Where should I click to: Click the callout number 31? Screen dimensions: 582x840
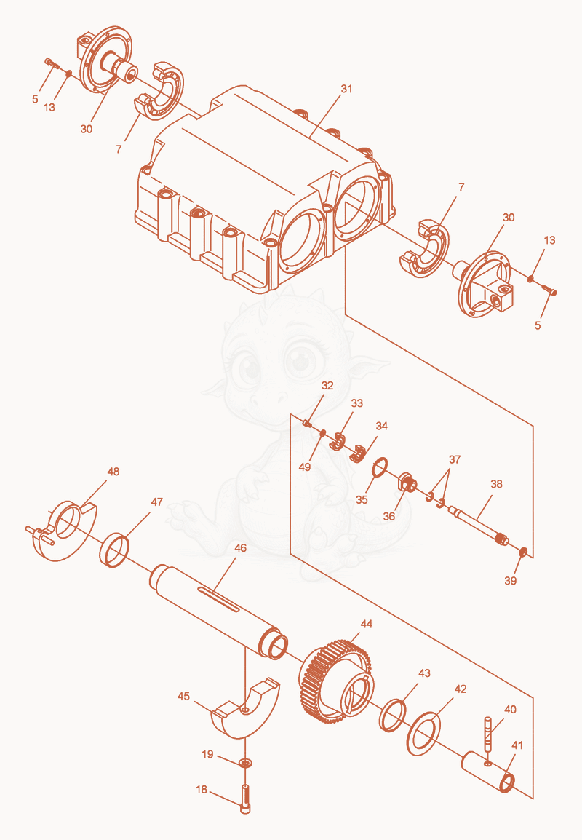click(346, 88)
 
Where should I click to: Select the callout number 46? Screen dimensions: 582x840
click(240, 547)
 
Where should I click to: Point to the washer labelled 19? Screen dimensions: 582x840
click(245, 762)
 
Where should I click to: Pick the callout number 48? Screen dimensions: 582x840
click(113, 472)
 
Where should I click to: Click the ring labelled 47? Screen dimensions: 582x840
click(114, 550)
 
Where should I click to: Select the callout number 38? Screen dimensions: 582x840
click(496, 484)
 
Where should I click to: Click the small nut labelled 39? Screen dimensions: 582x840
click(523, 552)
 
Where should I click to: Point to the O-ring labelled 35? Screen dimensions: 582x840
click(380, 467)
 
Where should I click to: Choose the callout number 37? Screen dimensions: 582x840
click(455, 459)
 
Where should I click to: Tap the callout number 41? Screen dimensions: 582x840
click(517, 745)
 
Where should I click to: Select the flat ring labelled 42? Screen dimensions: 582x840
click(423, 734)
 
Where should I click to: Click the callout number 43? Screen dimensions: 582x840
click(424, 673)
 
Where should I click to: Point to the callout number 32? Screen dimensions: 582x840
click(327, 385)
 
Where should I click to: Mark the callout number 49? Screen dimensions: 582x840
click(305, 467)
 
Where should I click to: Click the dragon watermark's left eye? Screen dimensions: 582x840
click(249, 369)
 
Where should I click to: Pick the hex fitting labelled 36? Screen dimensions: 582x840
click(407, 484)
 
